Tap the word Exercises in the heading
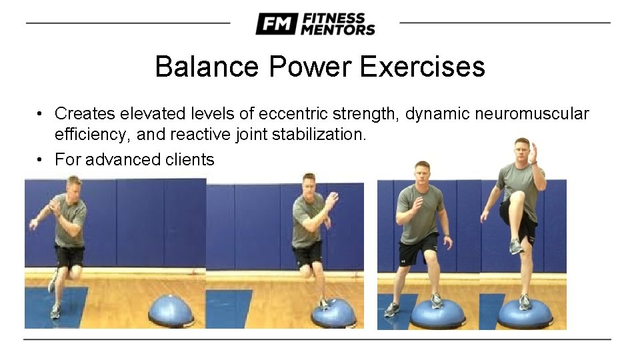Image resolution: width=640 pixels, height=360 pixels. (x=423, y=67)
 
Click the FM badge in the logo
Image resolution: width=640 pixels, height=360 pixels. (x=276, y=24)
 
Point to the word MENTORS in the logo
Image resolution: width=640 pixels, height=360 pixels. (x=337, y=30)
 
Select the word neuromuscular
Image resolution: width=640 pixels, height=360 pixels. (x=532, y=114)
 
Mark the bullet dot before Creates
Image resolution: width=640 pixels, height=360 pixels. (x=41, y=114)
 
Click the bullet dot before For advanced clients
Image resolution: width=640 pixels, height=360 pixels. (x=41, y=160)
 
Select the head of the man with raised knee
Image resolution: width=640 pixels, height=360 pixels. (x=522, y=150)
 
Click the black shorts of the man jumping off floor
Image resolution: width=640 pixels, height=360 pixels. (x=70, y=256)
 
